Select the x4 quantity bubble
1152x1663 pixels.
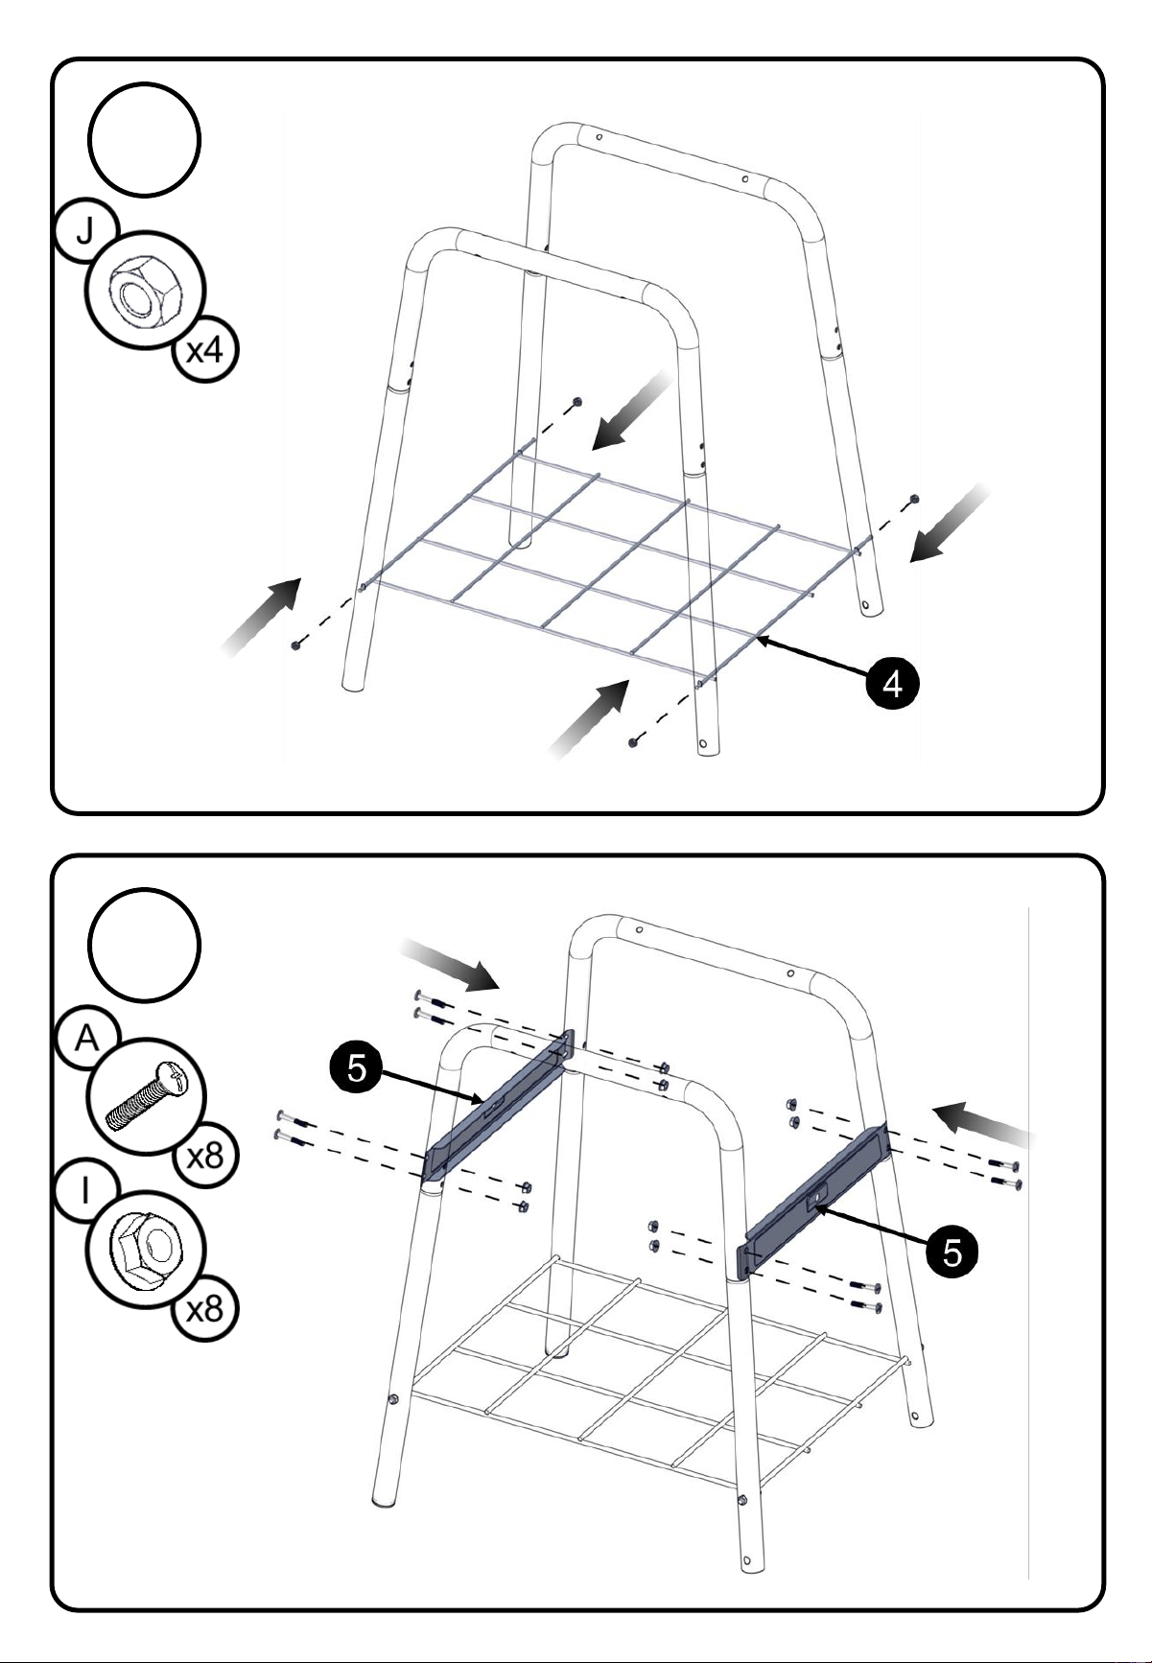pyautogui.click(x=204, y=349)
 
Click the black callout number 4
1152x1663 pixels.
pyautogui.click(x=892, y=684)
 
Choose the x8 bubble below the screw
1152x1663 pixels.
pyautogui.click(x=204, y=1157)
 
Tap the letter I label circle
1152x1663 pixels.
pyautogui.click(x=85, y=1193)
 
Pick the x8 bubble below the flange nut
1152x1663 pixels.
pyautogui.click(x=204, y=1309)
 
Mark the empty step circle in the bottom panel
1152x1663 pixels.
pyautogui.click(x=144, y=945)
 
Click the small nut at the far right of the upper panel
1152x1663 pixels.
pyautogui.click(x=914, y=499)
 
